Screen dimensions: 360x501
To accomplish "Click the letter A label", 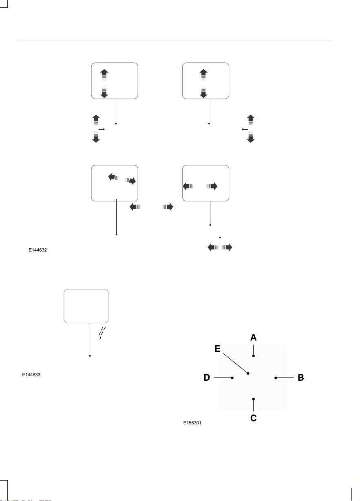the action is [x=253, y=338].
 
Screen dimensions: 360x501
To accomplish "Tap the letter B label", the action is [x=301, y=378].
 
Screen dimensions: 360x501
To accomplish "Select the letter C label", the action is [x=253, y=418].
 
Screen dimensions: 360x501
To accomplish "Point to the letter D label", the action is [x=207, y=378].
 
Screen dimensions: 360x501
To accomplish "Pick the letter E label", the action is [x=217, y=349].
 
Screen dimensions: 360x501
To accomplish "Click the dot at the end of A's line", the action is [x=253, y=356].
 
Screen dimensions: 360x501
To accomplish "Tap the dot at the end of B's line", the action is [x=276, y=378].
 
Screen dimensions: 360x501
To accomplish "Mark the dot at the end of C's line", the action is [x=253, y=399].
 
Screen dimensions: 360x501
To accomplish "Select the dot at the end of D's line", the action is [x=232, y=378].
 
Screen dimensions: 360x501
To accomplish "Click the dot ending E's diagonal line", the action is [x=248, y=373].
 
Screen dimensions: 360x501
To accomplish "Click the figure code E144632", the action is [x=38, y=250].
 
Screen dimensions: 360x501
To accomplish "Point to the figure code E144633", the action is [x=31, y=375].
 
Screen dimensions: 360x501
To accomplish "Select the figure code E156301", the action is [x=192, y=423].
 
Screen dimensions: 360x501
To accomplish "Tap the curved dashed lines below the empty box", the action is [x=102, y=333].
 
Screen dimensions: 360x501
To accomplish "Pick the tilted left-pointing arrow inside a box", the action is [x=114, y=178].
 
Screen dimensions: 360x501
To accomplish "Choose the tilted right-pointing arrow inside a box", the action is [x=130, y=181].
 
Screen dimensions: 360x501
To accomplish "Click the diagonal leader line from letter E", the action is [x=235, y=364].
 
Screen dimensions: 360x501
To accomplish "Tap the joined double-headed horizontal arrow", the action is [x=220, y=247].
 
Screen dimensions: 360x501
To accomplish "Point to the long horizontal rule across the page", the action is [x=174, y=41].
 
